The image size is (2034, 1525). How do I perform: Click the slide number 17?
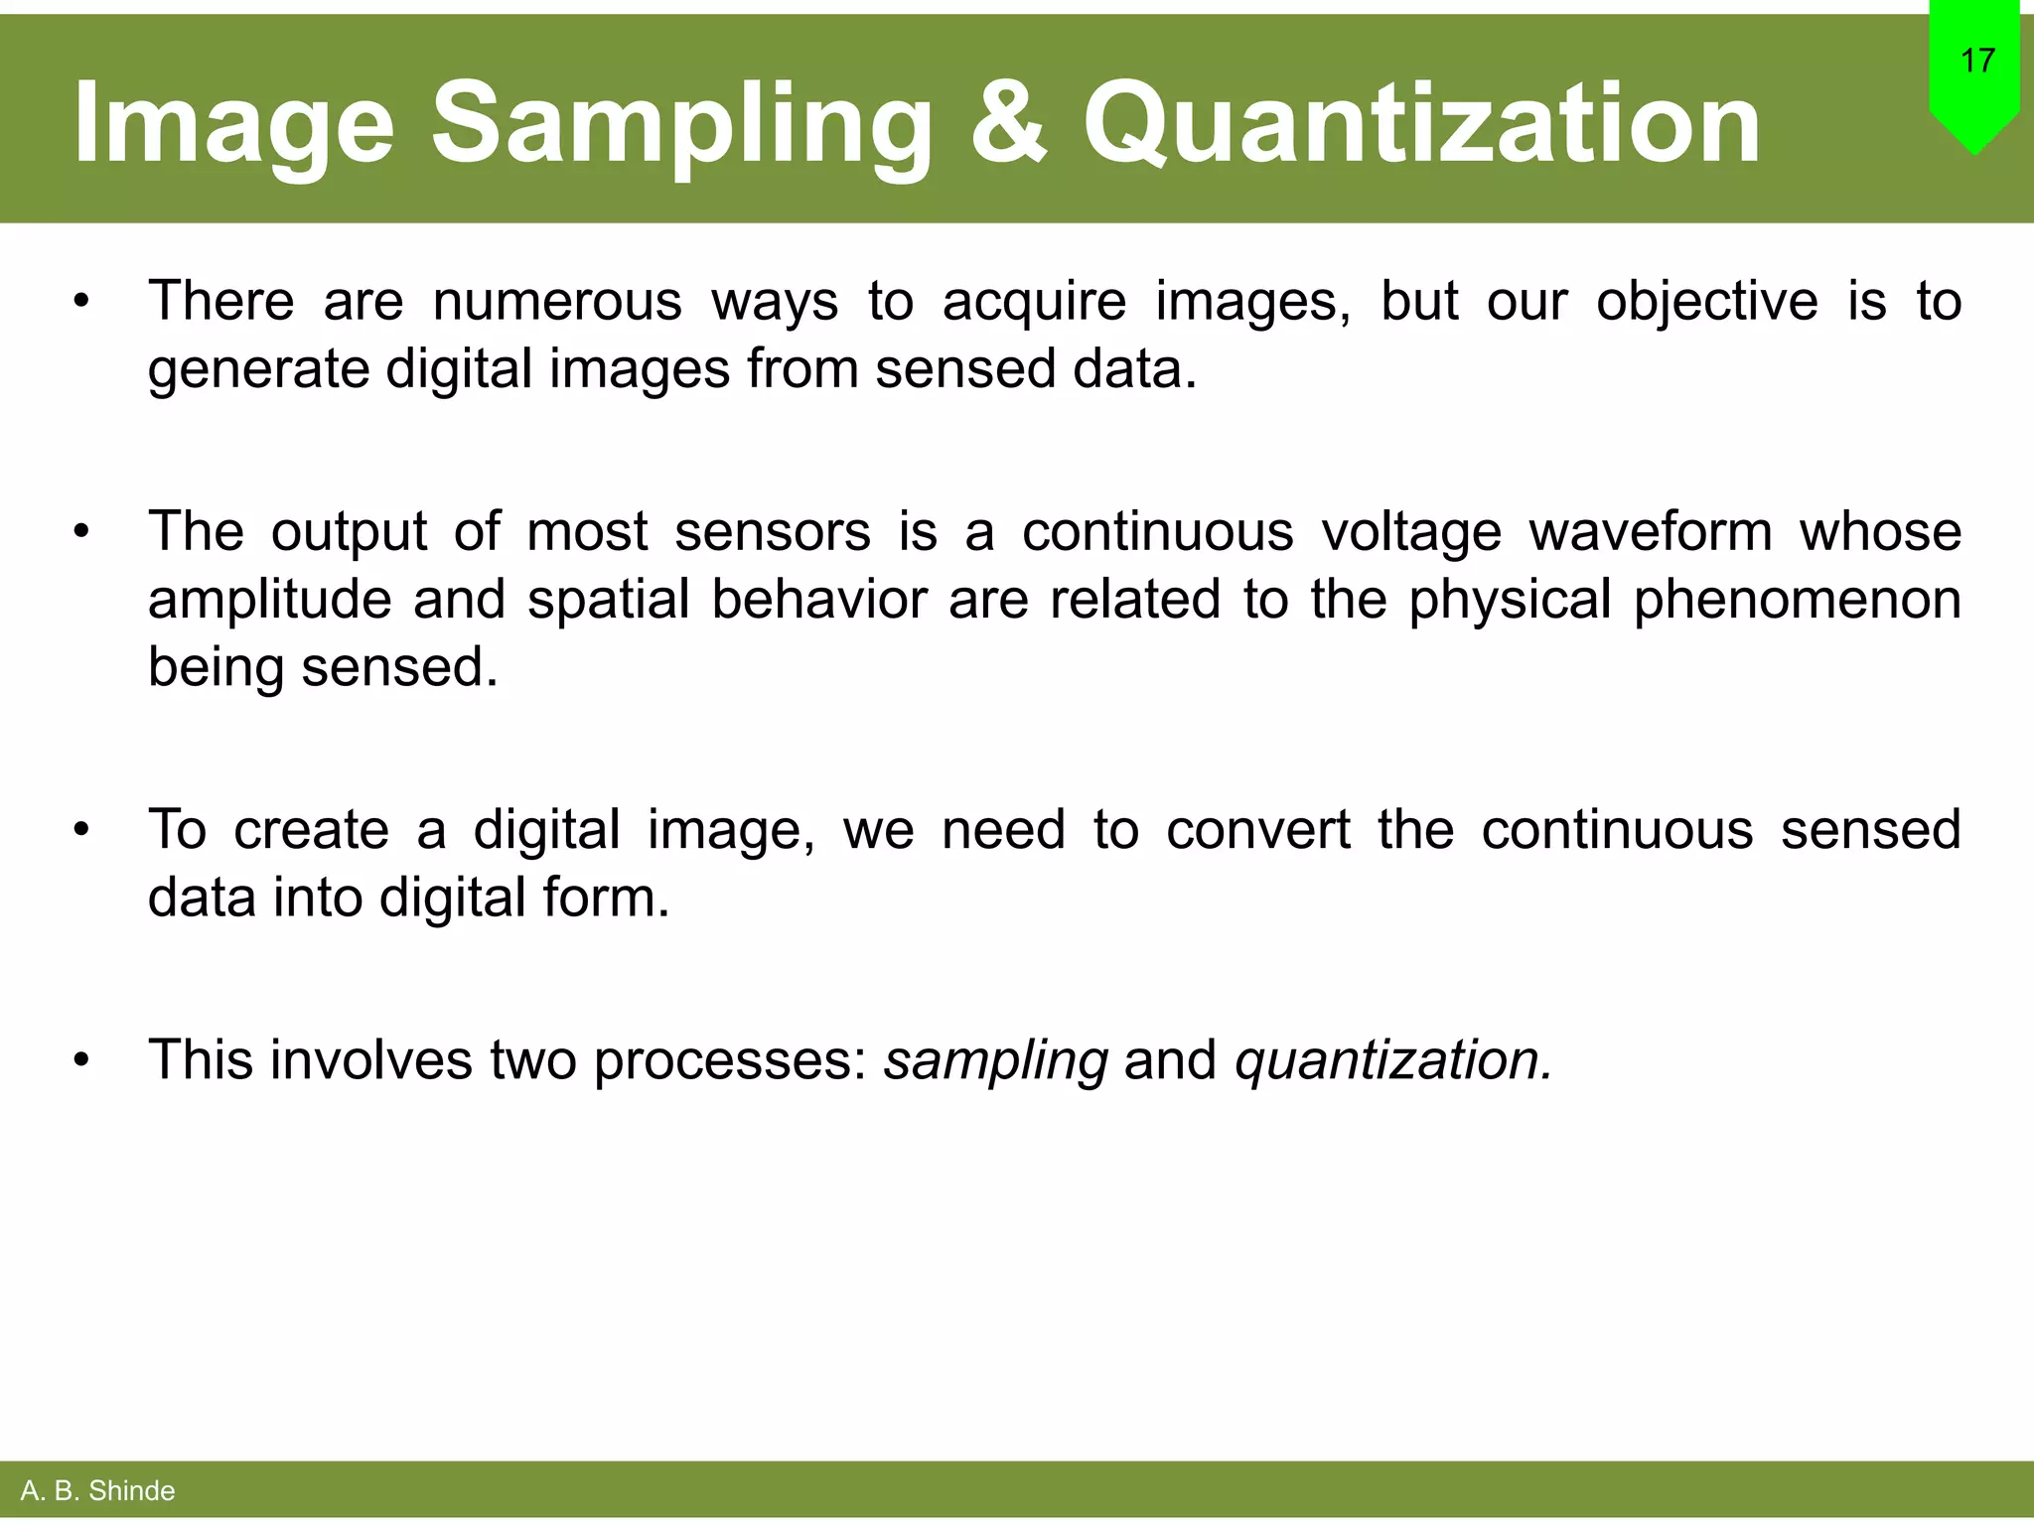pos(1977,62)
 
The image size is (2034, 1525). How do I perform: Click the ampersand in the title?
pos(1008,123)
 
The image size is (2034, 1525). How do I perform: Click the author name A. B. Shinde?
pos(97,1490)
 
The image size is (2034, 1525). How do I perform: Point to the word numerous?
pos(557,301)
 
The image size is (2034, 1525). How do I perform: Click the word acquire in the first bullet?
pos(1034,303)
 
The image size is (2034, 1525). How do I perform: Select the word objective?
pos(1706,301)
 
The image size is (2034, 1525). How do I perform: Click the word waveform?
pos(1651,531)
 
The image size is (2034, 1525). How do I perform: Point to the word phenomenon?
pos(1797,601)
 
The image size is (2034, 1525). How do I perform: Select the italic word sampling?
pos(996,1061)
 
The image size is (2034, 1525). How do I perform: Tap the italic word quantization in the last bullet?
pos(1392,1061)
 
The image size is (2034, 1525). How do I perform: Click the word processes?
pos(731,1061)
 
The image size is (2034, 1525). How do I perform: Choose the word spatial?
pos(608,601)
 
